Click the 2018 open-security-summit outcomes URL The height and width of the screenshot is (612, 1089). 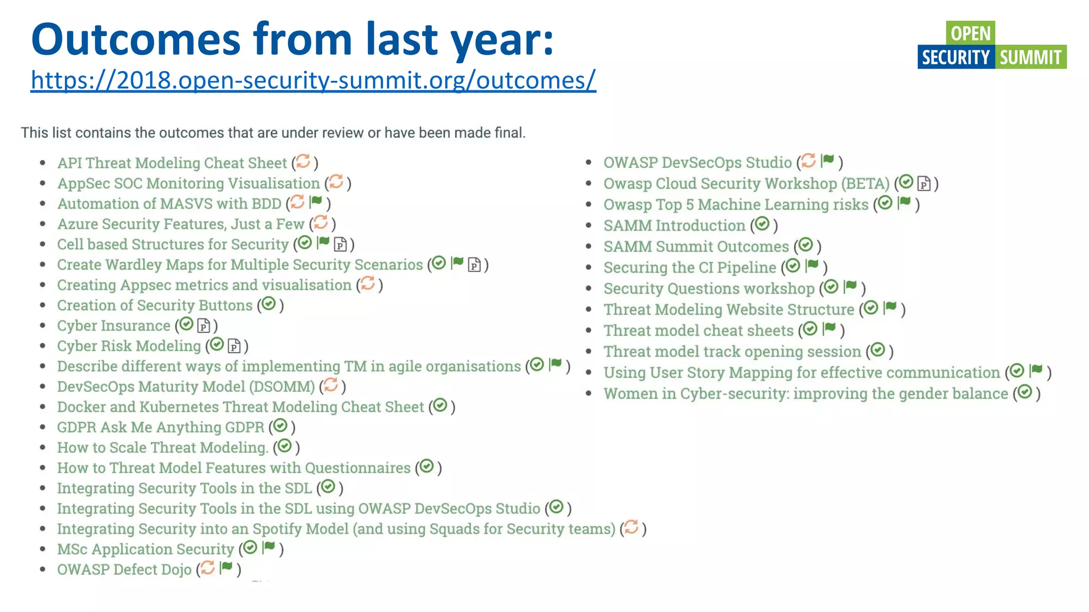(313, 80)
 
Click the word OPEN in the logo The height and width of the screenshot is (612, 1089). (970, 33)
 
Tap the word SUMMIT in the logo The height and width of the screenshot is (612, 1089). (1030, 57)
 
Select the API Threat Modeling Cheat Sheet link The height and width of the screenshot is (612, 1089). (172, 163)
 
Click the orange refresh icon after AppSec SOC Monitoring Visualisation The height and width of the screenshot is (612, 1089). (336, 182)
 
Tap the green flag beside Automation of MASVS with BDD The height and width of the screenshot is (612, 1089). (316, 202)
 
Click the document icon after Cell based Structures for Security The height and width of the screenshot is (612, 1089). (340, 244)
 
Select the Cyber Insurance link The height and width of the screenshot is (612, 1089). (113, 326)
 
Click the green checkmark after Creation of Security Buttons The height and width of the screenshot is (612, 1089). (269, 304)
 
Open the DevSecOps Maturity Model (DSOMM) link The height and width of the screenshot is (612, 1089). (186, 387)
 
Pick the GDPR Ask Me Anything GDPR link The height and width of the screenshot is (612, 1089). (160, 427)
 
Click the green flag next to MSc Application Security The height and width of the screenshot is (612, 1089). (269, 547)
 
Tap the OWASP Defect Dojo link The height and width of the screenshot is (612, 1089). (124, 569)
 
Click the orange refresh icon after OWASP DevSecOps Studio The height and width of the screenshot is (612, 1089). (808, 160)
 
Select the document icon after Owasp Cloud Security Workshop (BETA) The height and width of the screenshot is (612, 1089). (924, 184)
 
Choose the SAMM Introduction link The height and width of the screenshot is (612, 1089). (674, 226)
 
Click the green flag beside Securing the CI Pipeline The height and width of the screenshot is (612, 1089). (812, 265)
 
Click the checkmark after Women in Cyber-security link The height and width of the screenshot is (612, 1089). (1025, 392)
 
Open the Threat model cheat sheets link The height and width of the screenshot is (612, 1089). (698, 330)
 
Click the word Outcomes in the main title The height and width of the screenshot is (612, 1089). (136, 39)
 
